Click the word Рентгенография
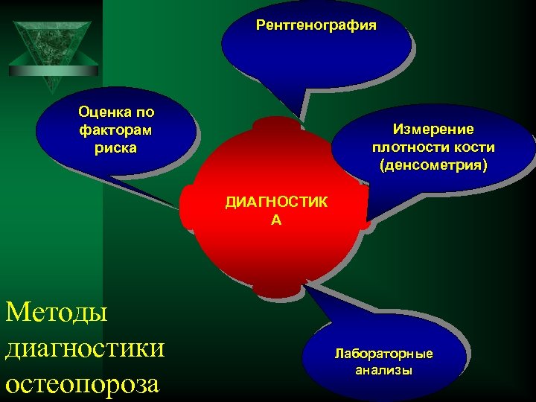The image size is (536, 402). coord(316,25)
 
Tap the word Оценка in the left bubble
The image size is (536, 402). coord(103,112)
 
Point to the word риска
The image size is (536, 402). coord(115,147)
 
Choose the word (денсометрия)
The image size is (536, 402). coord(433,165)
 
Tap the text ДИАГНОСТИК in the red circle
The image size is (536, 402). coord(276,202)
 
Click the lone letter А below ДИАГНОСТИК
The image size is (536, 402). coord(276,220)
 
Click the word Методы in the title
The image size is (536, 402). coord(57,310)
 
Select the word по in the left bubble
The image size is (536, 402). coord(145,112)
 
